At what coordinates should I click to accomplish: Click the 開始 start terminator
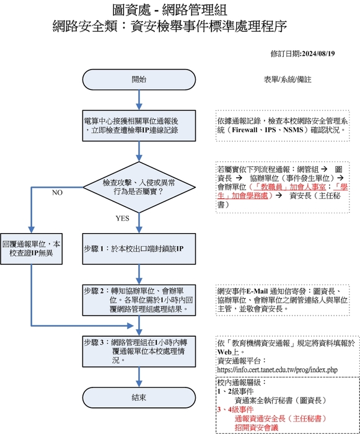139,80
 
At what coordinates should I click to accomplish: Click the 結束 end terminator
139,397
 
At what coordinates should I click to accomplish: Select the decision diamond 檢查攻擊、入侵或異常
139,188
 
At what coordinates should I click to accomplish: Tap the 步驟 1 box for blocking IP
139,248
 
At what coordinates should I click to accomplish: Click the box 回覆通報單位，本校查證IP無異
32,248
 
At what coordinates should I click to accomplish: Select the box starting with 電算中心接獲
139,126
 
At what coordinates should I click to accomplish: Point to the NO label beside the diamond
58,193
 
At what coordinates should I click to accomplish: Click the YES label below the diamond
122,219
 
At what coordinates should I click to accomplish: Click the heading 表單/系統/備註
288,80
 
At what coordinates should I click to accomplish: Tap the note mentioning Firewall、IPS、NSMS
284,126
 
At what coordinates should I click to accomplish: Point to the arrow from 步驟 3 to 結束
139,376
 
